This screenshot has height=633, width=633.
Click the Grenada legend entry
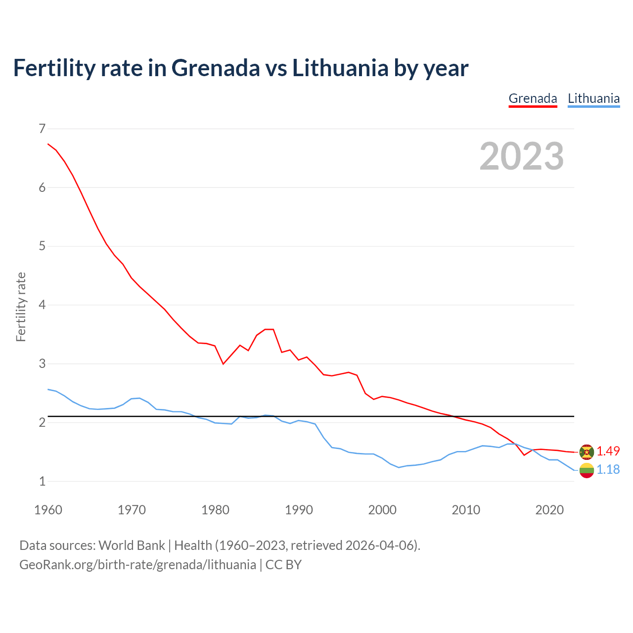point(533,98)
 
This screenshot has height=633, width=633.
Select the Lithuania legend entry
point(593,98)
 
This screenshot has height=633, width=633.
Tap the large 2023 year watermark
point(522,156)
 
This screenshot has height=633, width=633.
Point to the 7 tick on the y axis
point(42,129)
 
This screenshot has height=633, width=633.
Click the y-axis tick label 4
point(42,305)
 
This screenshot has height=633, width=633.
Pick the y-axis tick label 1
point(42,481)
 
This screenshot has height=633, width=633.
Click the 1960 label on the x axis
point(48,510)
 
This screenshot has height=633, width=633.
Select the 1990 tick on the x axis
point(299,510)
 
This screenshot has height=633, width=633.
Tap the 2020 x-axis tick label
point(549,510)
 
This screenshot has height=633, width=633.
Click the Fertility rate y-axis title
point(21,307)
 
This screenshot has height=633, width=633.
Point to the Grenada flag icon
point(587,452)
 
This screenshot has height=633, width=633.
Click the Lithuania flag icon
point(587,470)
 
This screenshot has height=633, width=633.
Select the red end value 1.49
point(608,451)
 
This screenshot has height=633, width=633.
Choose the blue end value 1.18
point(608,469)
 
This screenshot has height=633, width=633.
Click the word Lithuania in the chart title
point(340,68)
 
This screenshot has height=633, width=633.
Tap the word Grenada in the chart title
point(215,68)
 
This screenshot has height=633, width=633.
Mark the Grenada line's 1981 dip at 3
point(224,364)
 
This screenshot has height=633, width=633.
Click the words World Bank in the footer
point(132,545)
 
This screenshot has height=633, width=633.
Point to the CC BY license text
point(283,565)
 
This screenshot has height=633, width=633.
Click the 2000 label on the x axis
point(382,510)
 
